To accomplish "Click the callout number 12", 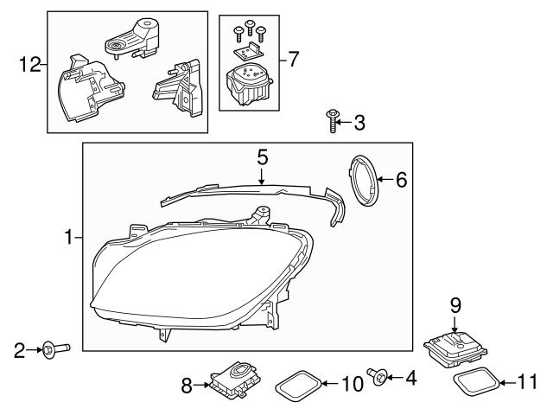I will click(x=29, y=64).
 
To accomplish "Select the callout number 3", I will click(x=359, y=123).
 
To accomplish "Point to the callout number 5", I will click(x=263, y=157).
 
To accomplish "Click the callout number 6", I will click(x=400, y=181).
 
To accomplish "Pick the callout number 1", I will click(x=70, y=236).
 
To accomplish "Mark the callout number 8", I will click(x=186, y=386).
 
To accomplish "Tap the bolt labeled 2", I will click(x=54, y=349).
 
